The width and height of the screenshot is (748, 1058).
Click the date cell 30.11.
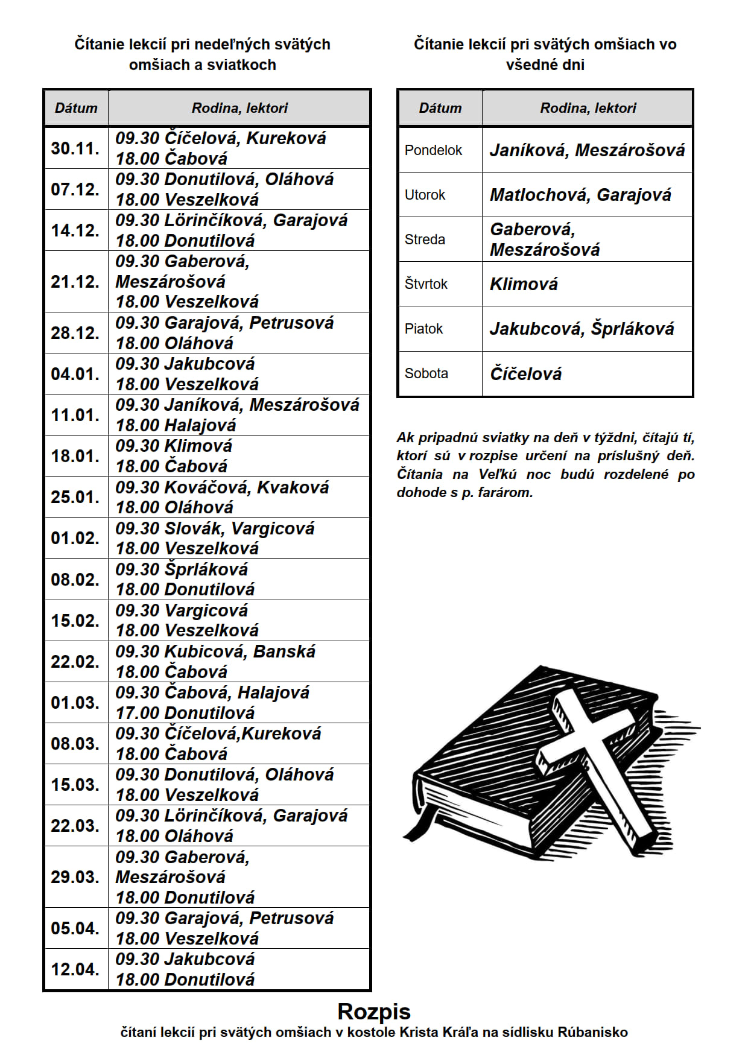[x=75, y=148]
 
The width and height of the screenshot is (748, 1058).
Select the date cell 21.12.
[x=75, y=282]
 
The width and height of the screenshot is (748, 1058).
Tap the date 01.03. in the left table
[x=75, y=703]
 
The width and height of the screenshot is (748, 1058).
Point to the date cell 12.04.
[x=75, y=969]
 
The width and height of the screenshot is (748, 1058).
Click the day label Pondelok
[x=433, y=150]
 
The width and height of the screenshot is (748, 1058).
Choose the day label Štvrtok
[x=426, y=284]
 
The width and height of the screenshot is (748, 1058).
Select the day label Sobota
[x=426, y=373]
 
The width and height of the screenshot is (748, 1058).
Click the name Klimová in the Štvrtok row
[x=524, y=284]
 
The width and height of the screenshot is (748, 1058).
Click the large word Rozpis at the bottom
[x=374, y=1011]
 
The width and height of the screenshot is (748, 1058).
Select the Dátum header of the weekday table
[x=440, y=108]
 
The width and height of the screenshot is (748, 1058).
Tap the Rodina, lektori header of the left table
[x=239, y=108]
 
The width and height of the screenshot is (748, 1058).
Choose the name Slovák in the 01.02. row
[x=193, y=528]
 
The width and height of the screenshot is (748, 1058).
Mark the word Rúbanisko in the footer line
[x=592, y=1032]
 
